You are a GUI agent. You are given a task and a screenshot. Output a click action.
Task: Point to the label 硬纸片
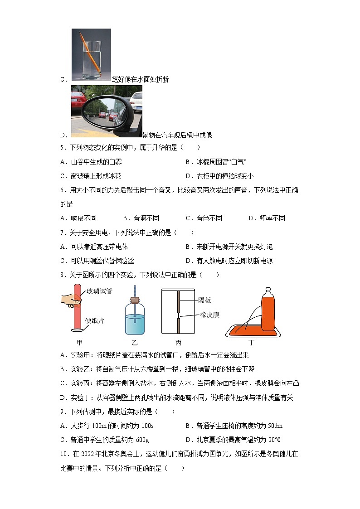pos(94,320)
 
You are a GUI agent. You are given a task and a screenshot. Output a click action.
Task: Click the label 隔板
pos(205,300)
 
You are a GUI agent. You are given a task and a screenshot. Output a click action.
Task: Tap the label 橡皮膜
pos(209,315)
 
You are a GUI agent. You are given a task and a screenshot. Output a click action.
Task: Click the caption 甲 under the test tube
pos(80,342)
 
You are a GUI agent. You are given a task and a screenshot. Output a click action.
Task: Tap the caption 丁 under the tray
pos(252,342)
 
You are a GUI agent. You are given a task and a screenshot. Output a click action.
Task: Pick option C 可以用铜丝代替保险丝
pos(97,261)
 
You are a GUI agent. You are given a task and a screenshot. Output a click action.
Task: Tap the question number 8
pos(62,275)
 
